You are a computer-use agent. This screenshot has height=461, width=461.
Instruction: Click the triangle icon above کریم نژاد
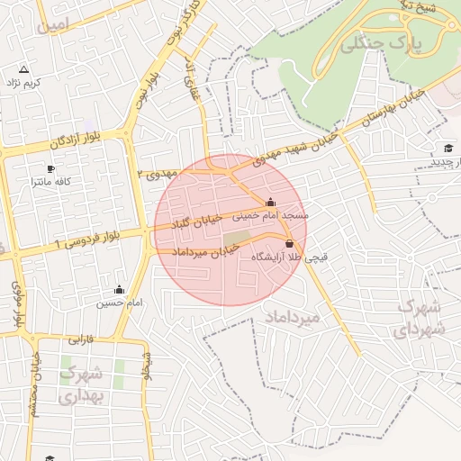[x=23, y=69]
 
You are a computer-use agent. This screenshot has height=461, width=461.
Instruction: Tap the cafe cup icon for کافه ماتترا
[x=50, y=169]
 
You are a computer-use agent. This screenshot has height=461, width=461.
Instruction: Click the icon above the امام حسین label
[x=119, y=290]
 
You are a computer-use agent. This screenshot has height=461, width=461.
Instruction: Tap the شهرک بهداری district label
[x=83, y=384]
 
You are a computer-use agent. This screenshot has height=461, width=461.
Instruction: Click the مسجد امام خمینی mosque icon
[x=271, y=202]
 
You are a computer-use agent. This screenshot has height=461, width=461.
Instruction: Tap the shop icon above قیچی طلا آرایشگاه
[x=289, y=244]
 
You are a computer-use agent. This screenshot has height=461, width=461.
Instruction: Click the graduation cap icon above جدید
[x=448, y=148]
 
